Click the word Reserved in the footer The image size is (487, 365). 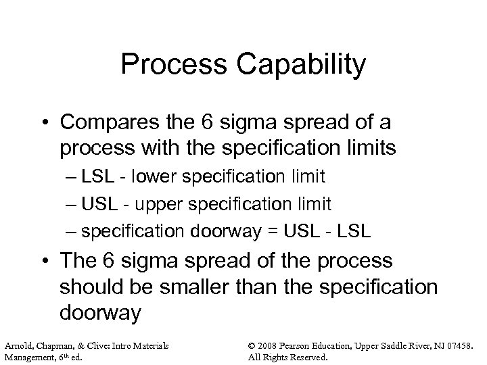coord(308,357)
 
